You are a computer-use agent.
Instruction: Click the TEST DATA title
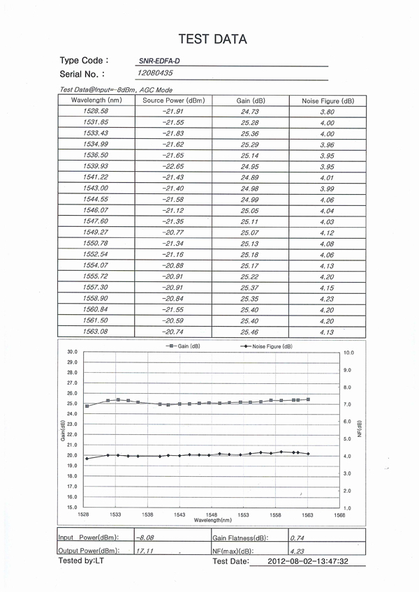coord(212,39)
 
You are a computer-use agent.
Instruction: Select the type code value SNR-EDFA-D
coord(159,61)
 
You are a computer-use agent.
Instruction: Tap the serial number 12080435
coord(156,73)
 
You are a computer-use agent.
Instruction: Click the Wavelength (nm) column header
coord(96,101)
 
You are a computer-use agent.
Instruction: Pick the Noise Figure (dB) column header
coord(328,101)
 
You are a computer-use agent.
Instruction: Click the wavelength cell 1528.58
coord(96,111)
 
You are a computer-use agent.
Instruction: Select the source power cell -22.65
coord(172,166)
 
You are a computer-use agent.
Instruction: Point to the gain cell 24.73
coord(249,112)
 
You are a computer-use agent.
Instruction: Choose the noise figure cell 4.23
coord(327,299)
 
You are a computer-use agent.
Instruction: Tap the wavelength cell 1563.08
coord(96,332)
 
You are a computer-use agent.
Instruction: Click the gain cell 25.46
coord(249,332)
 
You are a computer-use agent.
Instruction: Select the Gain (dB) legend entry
coord(183,346)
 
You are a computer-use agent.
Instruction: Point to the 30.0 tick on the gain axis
coord(72,352)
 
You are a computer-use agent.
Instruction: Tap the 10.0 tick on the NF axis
coord(350,353)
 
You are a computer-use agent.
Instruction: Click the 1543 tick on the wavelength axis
coord(179,515)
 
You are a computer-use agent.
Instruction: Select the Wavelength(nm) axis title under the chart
coord(213,520)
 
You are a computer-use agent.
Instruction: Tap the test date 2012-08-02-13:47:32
coord(308,561)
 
